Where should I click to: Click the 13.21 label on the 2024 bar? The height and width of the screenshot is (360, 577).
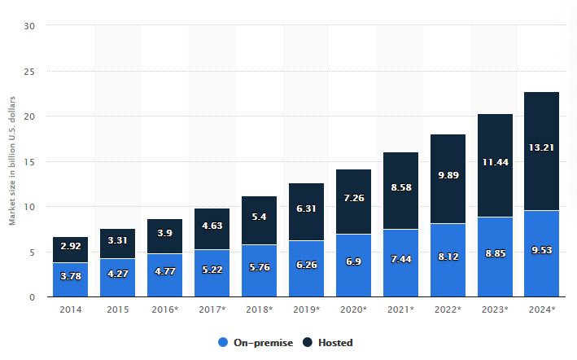click(541, 147)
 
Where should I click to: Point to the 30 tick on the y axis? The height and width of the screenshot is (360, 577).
click(30, 26)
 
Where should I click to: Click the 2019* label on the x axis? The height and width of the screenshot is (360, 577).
click(306, 310)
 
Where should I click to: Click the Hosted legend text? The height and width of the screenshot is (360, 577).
click(336, 342)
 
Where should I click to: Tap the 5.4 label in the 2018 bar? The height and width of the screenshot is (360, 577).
click(259, 218)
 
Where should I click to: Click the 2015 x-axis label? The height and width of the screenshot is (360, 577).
click(117, 310)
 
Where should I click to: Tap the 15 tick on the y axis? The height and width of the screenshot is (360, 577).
click(30, 161)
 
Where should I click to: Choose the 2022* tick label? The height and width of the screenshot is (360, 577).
click(447, 310)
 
